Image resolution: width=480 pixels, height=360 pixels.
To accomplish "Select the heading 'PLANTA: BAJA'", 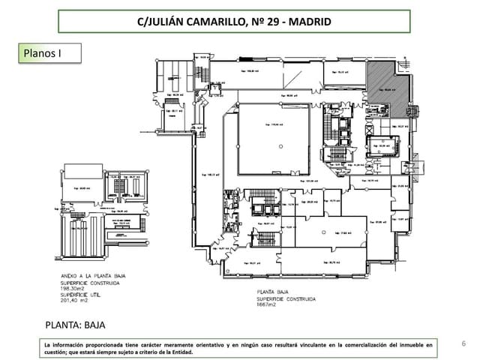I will tap(76, 325).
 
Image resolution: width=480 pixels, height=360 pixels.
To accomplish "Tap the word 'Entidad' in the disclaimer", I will tap(179, 352).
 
